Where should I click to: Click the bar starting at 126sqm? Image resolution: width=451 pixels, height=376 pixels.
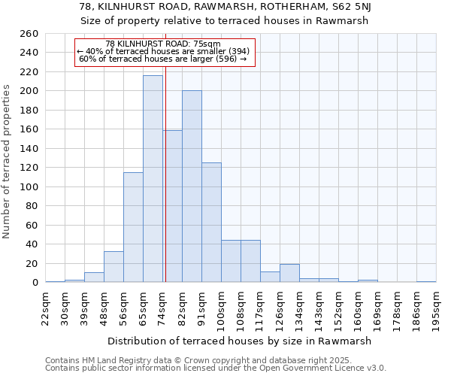click(289, 273)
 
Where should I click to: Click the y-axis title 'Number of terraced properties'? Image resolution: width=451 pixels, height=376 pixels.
click(8, 162)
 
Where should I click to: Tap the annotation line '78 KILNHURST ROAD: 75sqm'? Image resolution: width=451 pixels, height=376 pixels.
click(163, 44)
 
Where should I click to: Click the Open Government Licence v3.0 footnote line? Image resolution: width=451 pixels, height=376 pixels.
click(216, 368)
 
